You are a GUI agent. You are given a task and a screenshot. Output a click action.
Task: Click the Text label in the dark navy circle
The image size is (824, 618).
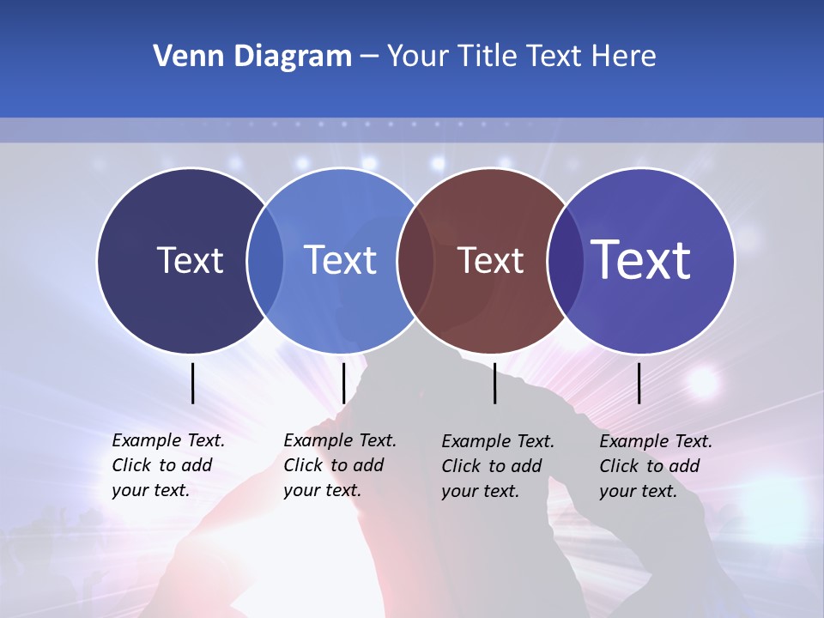pos(190,260)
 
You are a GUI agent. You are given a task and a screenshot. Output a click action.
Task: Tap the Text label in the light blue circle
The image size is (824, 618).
pos(340,260)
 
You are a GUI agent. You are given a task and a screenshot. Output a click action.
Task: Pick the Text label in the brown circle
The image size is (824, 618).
pos(490,260)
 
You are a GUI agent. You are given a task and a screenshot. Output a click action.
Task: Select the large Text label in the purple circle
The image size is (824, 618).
pos(641,260)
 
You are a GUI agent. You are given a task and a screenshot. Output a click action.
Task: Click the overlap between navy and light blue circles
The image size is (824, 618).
pos(265,260)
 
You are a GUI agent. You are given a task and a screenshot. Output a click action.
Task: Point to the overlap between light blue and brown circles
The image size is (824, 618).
pos(415,260)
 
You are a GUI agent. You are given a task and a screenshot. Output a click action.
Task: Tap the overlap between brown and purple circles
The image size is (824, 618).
pos(565,260)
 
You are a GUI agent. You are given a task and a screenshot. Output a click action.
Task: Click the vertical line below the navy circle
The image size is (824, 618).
pos(193,383)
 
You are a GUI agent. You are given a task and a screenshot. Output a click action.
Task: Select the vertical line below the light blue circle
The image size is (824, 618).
pos(343,383)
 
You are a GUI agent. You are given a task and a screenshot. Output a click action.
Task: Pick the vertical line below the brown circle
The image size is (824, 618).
pos(495,383)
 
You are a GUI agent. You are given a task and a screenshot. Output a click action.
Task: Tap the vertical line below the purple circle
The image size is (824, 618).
pos(639,383)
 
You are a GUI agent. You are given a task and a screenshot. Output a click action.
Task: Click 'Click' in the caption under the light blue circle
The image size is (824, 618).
pos(303,466)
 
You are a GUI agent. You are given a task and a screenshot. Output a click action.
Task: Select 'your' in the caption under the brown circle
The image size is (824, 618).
pos(459,492)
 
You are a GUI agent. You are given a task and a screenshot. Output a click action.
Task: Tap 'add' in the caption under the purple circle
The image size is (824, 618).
pos(685,466)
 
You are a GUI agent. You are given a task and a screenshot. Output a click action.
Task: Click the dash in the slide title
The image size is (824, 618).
pos(369,57)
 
